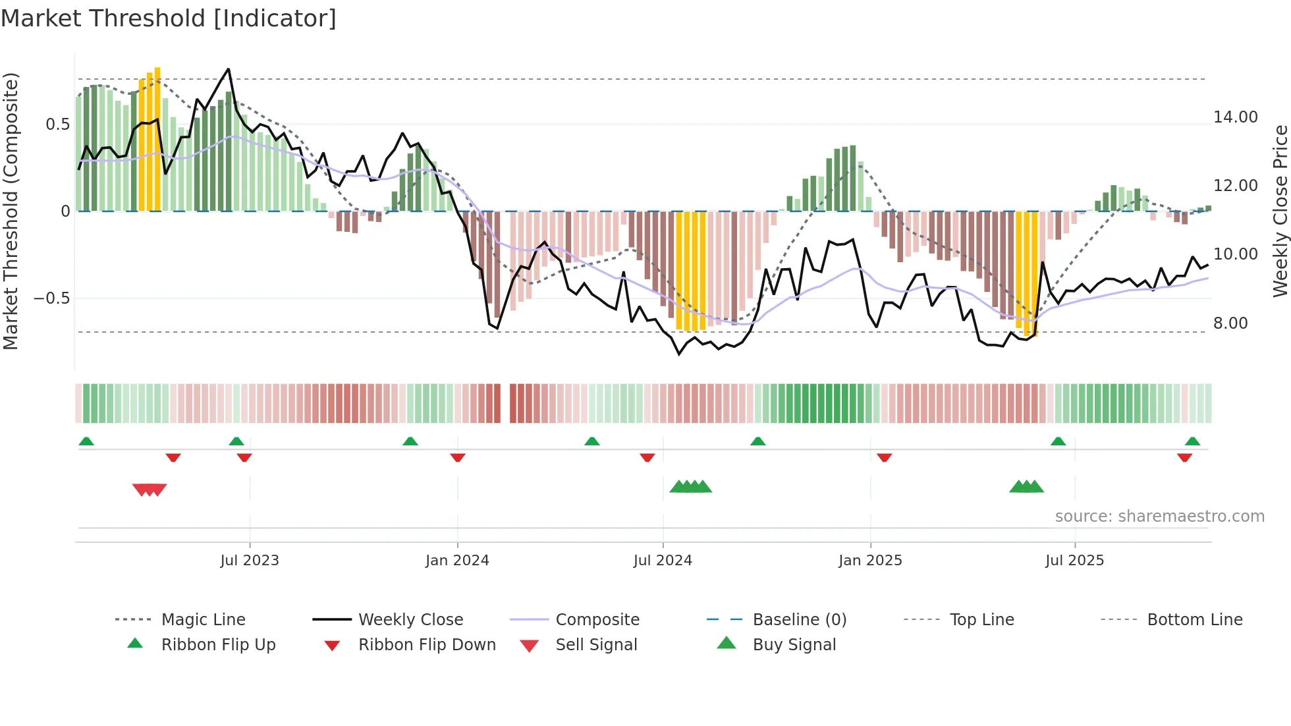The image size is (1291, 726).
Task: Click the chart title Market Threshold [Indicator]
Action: click(x=169, y=18)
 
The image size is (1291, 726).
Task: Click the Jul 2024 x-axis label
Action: click(x=663, y=561)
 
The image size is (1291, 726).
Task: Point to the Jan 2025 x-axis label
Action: click(x=870, y=561)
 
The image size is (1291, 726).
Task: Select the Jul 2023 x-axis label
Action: click(x=250, y=561)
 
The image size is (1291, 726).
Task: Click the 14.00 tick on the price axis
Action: click(x=1235, y=117)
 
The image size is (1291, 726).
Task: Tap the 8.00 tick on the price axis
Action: click(x=1230, y=323)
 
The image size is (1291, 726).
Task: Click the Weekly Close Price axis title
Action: click(x=1280, y=211)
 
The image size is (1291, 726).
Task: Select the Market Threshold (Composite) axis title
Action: click(x=11, y=211)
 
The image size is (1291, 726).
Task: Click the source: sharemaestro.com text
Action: click(x=1159, y=517)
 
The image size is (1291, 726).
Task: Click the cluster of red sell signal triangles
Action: click(x=150, y=489)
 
